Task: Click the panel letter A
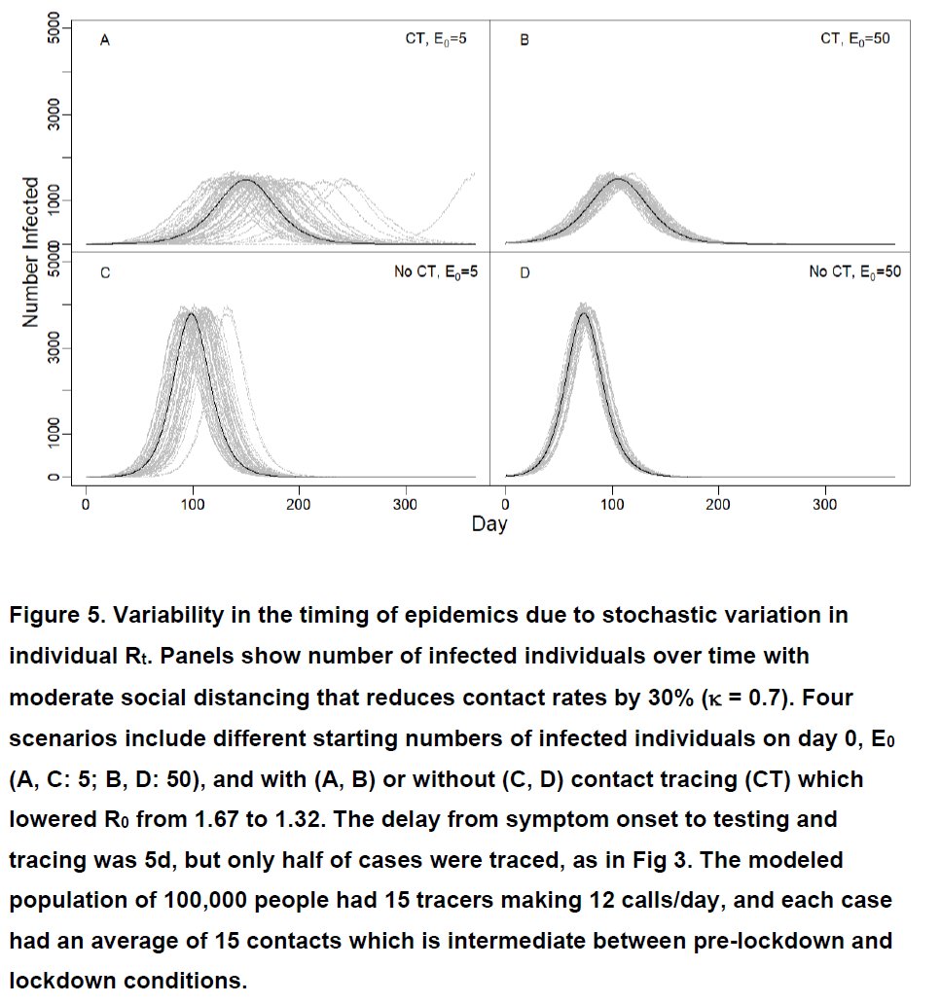[104, 41]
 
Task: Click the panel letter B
[525, 41]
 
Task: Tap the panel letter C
[104, 273]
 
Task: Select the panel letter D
[525, 273]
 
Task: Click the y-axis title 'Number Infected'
[31, 252]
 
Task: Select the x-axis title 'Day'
[489, 524]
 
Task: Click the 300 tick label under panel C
[406, 504]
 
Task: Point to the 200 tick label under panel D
[718, 504]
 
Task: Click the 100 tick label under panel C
[193, 504]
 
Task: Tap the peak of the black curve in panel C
[193, 313]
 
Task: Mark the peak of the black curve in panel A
[245, 180]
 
